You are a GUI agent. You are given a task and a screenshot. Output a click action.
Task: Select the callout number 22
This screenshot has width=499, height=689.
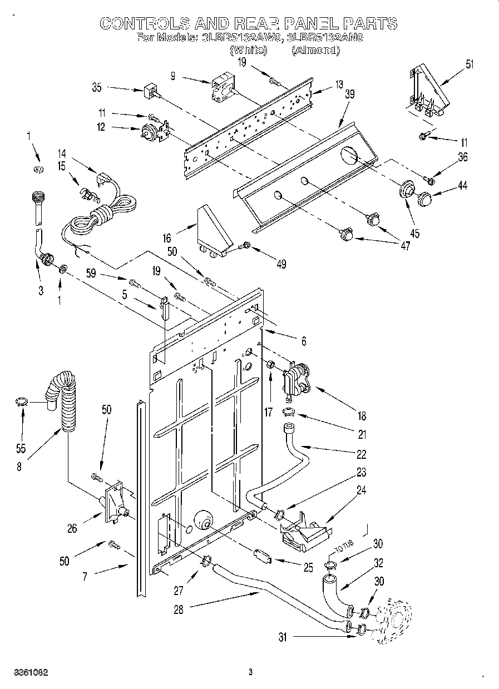pos(362,454)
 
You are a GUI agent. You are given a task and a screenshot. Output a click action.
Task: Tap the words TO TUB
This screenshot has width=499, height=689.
pos(343,549)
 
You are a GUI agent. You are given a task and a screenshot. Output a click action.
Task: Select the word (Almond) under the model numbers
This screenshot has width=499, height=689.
pos(315,50)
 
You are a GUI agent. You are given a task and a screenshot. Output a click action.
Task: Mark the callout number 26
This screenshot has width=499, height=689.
pos(72,528)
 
